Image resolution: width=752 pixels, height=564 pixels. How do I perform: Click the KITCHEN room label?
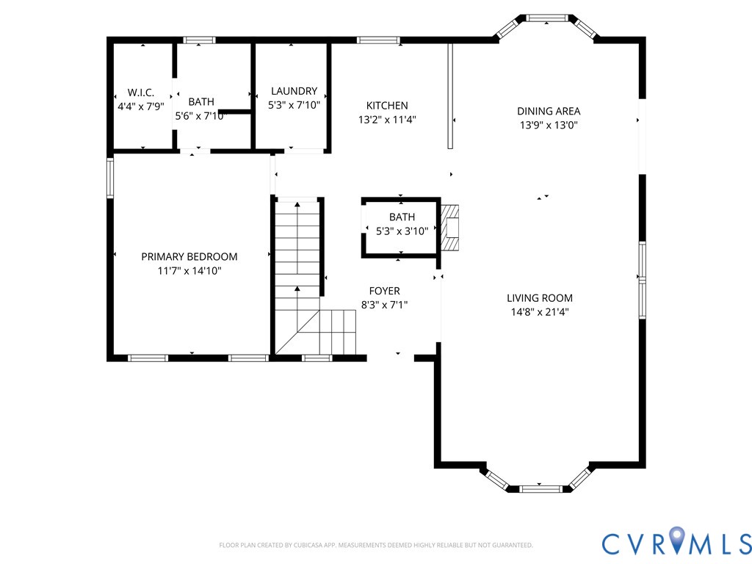tap(387, 106)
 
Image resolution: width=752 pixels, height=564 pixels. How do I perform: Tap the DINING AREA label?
tap(548, 112)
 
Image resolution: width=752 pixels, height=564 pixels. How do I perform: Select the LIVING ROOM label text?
tap(539, 298)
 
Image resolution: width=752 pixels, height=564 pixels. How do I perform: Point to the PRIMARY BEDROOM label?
tap(189, 257)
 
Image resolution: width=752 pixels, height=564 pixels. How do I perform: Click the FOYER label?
tap(384, 292)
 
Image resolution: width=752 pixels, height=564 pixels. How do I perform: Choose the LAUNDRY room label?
tap(294, 92)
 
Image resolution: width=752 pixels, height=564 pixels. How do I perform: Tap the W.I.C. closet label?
tap(141, 93)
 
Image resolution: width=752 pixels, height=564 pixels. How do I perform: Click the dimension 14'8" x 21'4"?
tap(539, 311)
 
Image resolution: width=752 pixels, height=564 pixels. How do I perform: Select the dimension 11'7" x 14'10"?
tap(189, 270)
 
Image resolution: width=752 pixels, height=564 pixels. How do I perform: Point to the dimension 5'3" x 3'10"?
tap(402, 231)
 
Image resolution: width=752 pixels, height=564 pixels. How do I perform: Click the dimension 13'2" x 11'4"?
tap(387, 119)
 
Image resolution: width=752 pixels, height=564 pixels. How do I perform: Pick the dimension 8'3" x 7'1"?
tap(384, 305)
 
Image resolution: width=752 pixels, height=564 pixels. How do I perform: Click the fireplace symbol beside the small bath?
tap(450, 227)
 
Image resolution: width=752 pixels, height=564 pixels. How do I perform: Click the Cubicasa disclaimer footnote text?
tap(375, 546)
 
